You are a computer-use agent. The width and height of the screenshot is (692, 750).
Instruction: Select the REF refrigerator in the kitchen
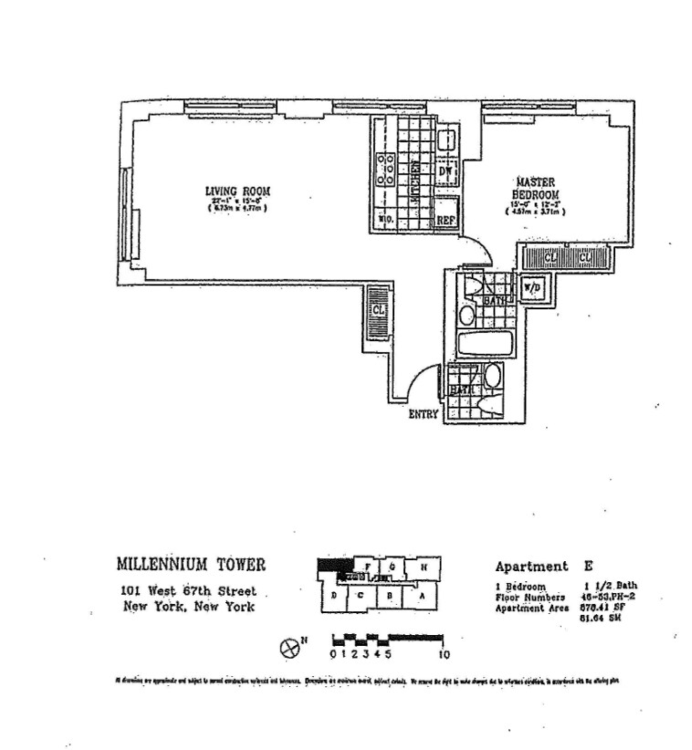tap(446, 220)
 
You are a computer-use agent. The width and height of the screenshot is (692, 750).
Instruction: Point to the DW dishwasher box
tap(446, 172)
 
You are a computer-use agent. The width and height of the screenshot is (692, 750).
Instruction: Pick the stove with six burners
tap(386, 171)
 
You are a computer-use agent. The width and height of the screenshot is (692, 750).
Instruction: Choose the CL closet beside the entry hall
tap(378, 311)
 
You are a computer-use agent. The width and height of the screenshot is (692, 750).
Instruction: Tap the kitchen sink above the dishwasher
tap(446, 140)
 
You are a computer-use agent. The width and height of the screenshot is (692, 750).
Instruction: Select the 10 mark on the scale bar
tap(444, 653)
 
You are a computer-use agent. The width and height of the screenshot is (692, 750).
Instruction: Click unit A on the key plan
tap(422, 598)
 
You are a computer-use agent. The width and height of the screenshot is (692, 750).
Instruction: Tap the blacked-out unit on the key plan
tap(333, 567)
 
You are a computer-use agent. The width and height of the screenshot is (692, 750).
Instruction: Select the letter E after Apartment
tap(588, 566)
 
